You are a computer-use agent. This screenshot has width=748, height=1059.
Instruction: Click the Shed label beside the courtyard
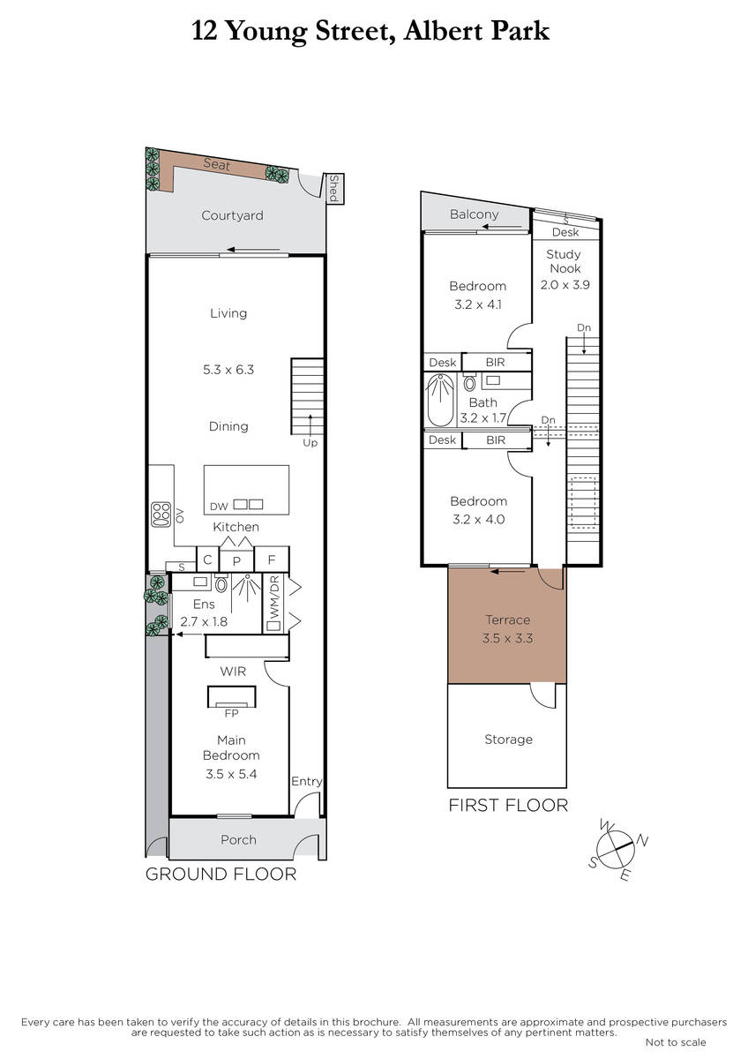pos(333,188)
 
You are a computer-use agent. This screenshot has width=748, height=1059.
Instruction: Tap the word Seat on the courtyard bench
pos(217,164)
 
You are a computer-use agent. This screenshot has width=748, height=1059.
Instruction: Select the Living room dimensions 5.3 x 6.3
pos(228,369)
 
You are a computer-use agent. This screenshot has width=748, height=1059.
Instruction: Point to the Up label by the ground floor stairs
pos(310,442)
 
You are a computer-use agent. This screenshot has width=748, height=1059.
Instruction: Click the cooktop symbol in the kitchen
pos(161,514)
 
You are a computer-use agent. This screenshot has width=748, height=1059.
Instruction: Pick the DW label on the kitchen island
pos(219,507)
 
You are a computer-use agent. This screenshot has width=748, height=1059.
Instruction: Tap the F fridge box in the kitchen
pos(271,560)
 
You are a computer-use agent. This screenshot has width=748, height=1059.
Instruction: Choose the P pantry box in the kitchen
pos(236,560)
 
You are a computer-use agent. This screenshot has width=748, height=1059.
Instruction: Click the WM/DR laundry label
pos(274,597)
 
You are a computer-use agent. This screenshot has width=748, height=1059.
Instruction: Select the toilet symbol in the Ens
pos(221,583)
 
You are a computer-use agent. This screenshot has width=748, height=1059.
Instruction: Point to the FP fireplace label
pos(231,713)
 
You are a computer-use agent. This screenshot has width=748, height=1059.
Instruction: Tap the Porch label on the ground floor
pos(239,839)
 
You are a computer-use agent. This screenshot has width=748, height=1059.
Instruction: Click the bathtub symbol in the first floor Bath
pos(440,400)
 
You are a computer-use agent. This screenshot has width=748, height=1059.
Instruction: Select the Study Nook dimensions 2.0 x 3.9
pos(565,284)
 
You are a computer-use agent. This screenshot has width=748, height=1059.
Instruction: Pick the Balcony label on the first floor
pos(474,214)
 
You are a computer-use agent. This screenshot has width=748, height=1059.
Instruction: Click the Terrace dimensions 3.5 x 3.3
pos(507,638)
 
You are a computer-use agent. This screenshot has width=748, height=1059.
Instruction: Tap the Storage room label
pos(508,739)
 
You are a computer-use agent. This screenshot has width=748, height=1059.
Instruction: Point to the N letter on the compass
pos(643,840)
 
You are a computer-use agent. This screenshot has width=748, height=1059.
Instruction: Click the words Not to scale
pos(676,1042)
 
